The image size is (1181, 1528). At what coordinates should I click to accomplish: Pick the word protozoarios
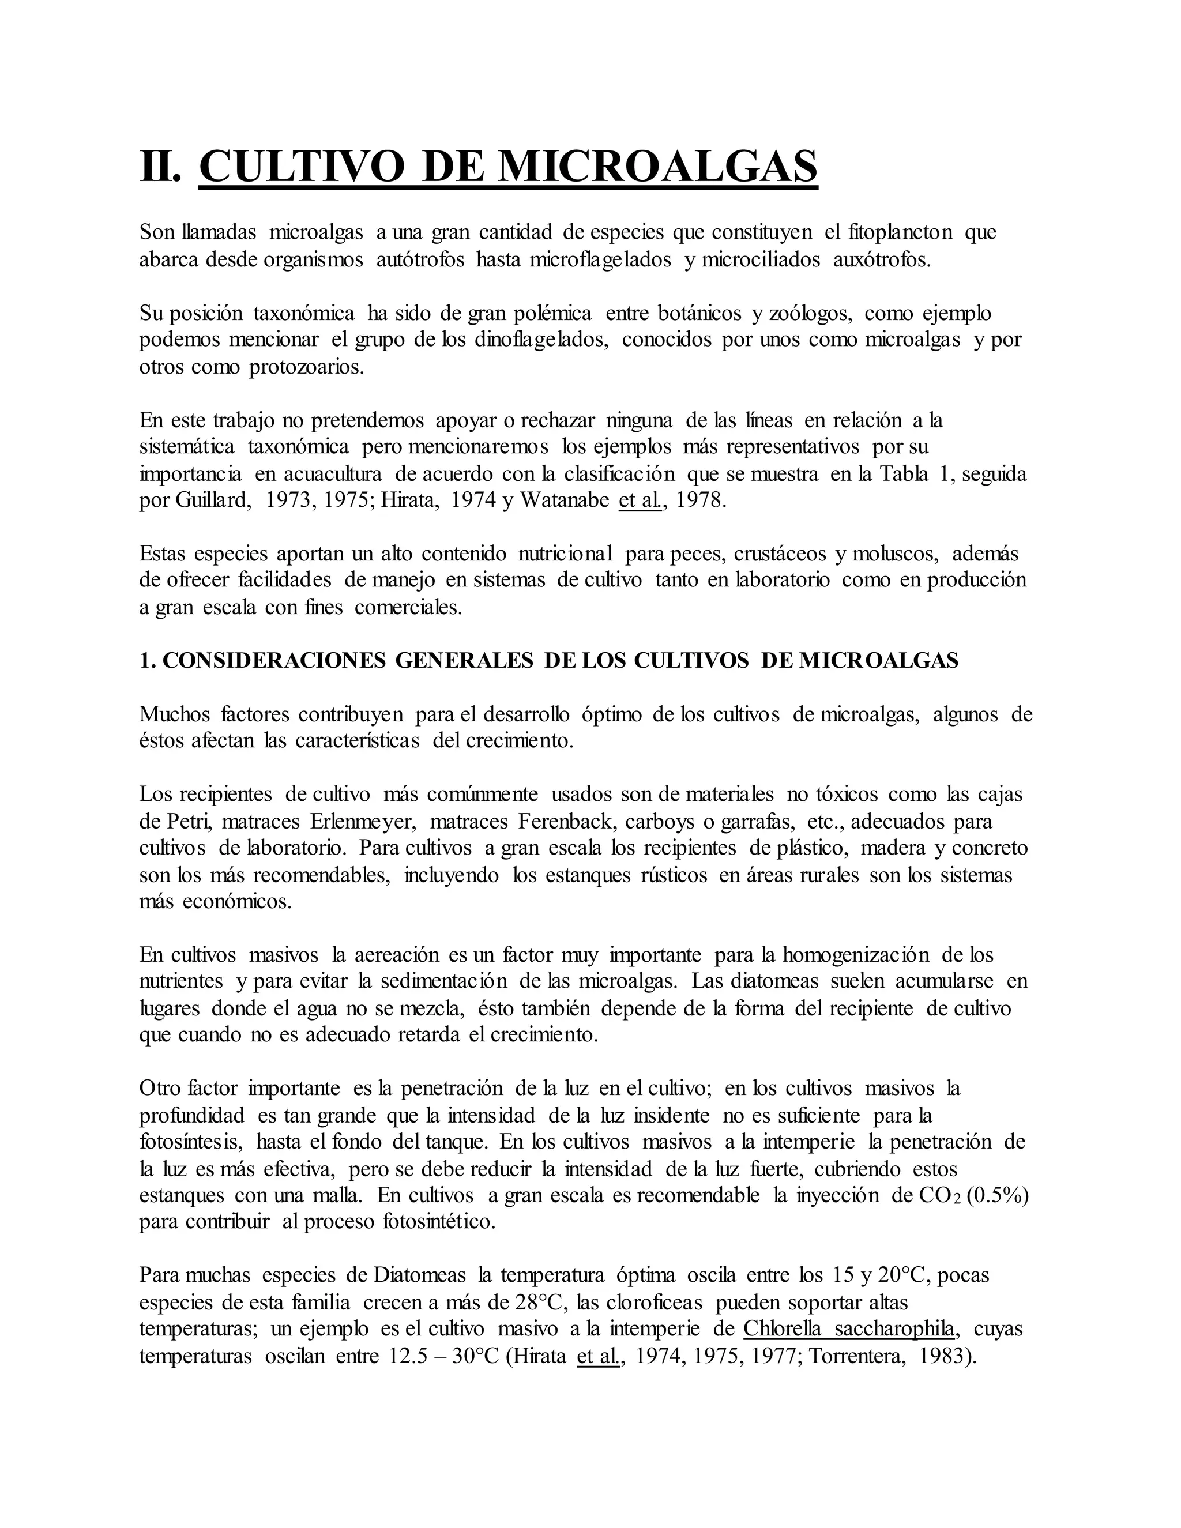pos(306,367)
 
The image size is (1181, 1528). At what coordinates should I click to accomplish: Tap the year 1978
pos(702,502)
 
